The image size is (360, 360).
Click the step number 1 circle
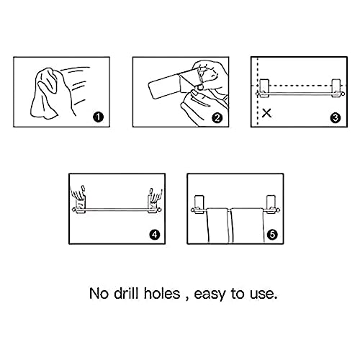click(98, 117)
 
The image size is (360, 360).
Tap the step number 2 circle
click(217, 118)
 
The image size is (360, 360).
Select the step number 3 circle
click(336, 117)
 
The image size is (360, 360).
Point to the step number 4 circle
click(154, 235)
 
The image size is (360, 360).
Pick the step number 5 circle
click(272, 235)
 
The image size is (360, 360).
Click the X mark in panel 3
click(266, 112)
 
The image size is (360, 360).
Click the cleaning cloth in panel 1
click(45, 94)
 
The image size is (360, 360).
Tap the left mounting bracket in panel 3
click(264, 88)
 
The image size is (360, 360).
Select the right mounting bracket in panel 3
click(336, 88)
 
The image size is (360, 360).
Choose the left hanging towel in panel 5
click(217, 225)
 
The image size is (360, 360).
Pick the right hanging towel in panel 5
click(247, 225)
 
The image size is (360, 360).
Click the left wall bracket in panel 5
click(199, 204)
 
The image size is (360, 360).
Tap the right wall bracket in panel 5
click(271, 204)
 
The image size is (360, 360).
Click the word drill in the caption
click(126, 293)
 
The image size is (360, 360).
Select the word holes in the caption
click(162, 293)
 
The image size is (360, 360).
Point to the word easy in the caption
click(210, 294)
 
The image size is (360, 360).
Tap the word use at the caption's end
click(264, 294)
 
